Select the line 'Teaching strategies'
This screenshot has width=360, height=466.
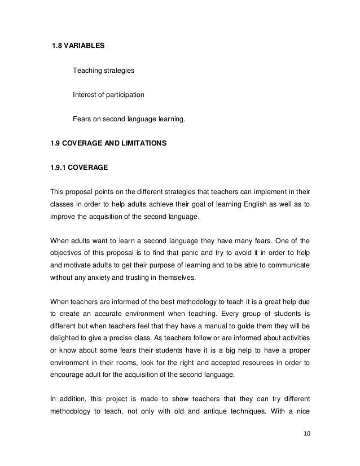pos(103,71)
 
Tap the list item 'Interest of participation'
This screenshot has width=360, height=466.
pos(108,95)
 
